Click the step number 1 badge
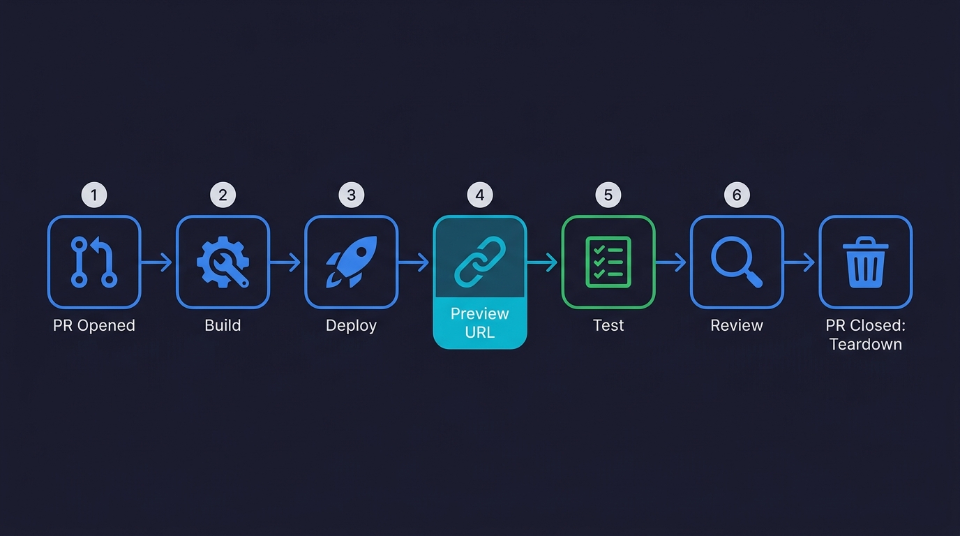coord(94,195)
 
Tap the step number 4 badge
coord(479,195)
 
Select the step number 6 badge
coord(737,195)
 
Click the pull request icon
coord(94,262)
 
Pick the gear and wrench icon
coord(223,262)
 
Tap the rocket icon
coord(351,262)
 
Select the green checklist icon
coord(608,262)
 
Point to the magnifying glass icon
coord(737,262)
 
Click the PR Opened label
coord(94,325)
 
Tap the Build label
coord(223,325)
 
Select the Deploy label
coord(351,325)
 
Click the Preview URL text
coord(479,322)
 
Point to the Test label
coord(608,325)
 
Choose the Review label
coord(737,325)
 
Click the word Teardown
coord(865,344)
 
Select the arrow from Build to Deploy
coord(286,262)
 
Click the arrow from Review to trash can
coord(800,262)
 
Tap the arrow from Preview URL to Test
coord(543,262)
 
